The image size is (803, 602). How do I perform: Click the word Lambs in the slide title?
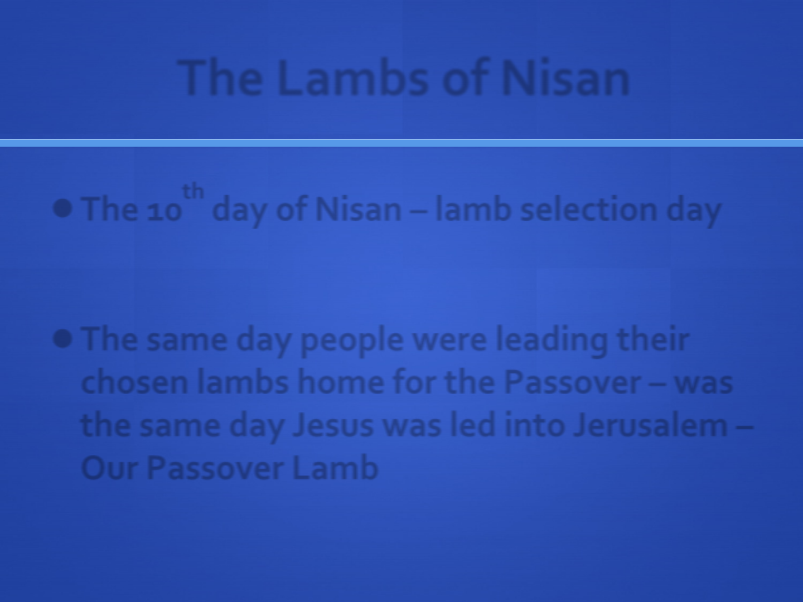click(352, 78)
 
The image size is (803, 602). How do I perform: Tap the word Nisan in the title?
click(565, 78)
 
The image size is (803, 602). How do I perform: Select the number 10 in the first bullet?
click(165, 212)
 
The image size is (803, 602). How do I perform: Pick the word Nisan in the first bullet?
click(358, 210)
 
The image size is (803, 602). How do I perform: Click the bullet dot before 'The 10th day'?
click(62, 208)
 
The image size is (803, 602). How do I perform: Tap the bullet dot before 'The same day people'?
click(62, 338)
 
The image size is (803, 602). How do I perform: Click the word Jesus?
click(333, 426)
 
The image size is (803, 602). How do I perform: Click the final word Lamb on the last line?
click(335, 467)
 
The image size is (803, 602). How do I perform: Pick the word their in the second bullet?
click(653, 339)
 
